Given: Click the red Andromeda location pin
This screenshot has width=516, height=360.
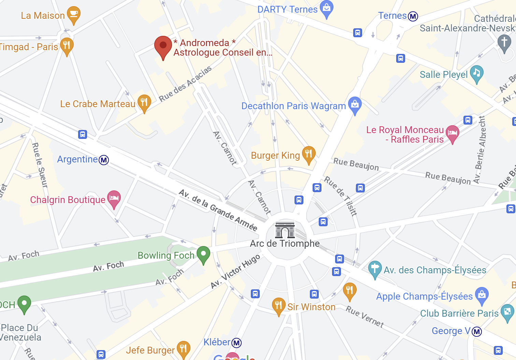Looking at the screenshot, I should pos(163,46).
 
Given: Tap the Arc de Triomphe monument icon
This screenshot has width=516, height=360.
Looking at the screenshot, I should pos(285,230).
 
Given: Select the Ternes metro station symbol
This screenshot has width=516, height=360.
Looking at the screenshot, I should pos(413,16).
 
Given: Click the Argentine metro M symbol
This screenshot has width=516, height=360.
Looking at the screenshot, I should pos(104,160).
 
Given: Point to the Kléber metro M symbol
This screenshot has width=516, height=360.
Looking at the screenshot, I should pos(236,343).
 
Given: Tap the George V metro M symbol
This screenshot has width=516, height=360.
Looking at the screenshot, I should pos(476,331).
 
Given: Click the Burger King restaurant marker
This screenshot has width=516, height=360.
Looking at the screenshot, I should pos(309,154).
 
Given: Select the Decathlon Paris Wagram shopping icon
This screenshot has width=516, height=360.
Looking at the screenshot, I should pos(355,104).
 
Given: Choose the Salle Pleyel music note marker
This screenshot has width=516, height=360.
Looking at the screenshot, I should pos(477,73).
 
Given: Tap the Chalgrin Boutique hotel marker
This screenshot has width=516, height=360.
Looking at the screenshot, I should pos(114,198).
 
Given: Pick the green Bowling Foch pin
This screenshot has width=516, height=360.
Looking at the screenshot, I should pos(203,254).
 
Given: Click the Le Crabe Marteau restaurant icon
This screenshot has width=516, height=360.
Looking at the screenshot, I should pos(144,102).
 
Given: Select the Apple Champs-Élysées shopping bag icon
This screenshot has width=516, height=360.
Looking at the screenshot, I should pos(482,294).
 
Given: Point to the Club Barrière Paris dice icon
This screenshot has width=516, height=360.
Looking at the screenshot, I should pos(507,312).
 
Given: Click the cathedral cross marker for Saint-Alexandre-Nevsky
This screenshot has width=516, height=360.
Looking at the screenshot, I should pos(504,42).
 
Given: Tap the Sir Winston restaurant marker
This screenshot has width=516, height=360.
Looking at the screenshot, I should pos(278,305).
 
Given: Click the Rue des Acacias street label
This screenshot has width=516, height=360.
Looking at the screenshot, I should pos(185,84).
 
